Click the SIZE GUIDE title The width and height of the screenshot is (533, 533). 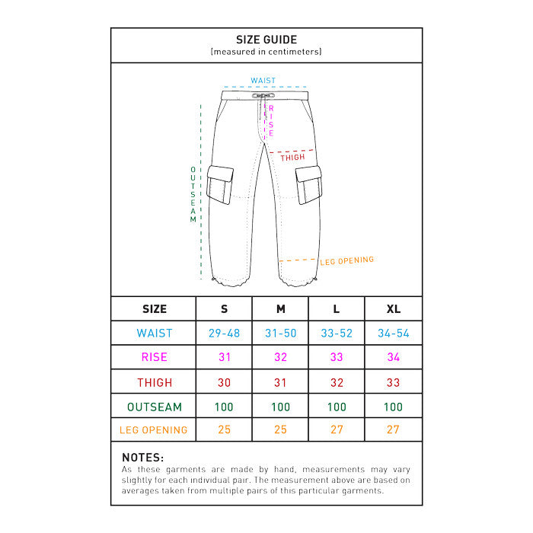click(266, 40)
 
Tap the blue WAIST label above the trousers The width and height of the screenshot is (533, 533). click(263, 81)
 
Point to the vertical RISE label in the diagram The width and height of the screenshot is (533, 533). click(270, 121)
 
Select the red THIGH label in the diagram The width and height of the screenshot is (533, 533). click(292, 158)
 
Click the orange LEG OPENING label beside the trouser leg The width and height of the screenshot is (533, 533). click(346, 260)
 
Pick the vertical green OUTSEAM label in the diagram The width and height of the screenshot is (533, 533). click(193, 194)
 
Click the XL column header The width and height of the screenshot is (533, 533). click(393, 309)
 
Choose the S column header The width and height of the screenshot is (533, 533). click(224, 309)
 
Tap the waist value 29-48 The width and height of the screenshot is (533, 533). click(224, 334)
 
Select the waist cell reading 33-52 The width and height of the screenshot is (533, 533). click(337, 334)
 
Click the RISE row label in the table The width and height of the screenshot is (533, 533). click(155, 357)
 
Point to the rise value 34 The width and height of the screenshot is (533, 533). click(393, 357)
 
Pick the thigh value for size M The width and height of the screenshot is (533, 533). click(280, 382)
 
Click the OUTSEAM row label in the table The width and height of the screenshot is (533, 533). click(155, 407)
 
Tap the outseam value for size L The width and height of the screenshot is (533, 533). click(337, 407)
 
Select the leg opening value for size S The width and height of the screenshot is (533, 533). click(224, 430)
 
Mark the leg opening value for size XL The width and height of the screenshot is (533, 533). click(393, 430)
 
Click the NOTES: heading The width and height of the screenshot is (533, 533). click(142, 458)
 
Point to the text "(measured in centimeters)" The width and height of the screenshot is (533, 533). click(266, 52)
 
